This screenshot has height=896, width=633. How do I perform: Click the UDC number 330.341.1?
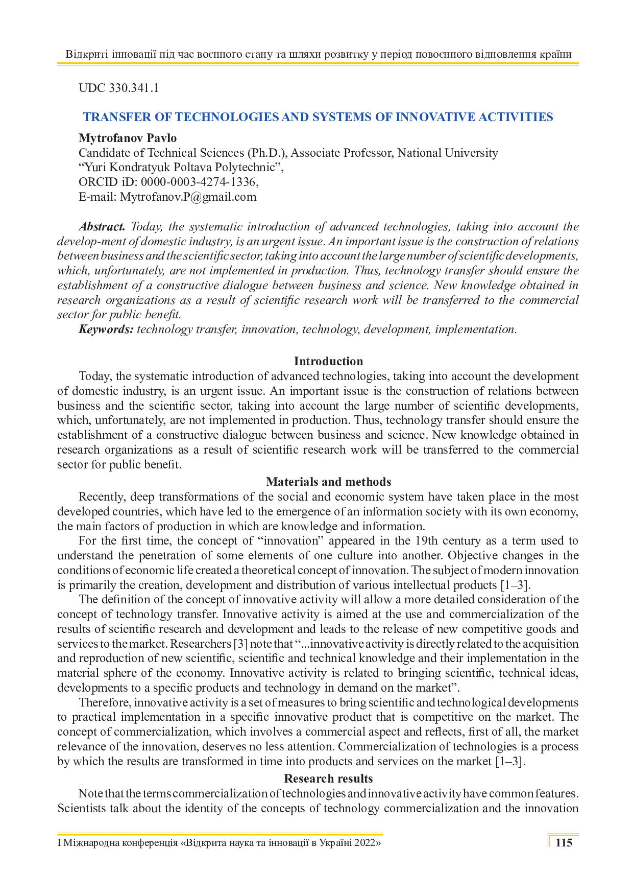click(x=134, y=88)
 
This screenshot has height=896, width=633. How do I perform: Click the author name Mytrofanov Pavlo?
click(x=128, y=138)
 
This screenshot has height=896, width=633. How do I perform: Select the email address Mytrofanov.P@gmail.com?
click(x=188, y=197)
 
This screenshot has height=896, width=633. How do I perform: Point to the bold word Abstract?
click(x=102, y=226)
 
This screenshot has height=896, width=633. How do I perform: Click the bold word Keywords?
click(x=106, y=329)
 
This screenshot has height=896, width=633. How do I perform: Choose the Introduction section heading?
click(x=328, y=361)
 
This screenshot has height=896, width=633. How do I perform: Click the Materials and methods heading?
click(x=328, y=482)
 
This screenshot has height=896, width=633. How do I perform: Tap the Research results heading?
click(x=328, y=779)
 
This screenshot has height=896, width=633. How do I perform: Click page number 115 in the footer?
click(x=564, y=843)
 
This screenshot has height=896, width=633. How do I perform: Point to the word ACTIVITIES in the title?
click(x=516, y=117)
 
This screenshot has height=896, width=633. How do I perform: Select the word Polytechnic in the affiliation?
click(x=247, y=167)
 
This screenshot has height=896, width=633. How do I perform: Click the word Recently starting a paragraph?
click(x=101, y=497)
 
